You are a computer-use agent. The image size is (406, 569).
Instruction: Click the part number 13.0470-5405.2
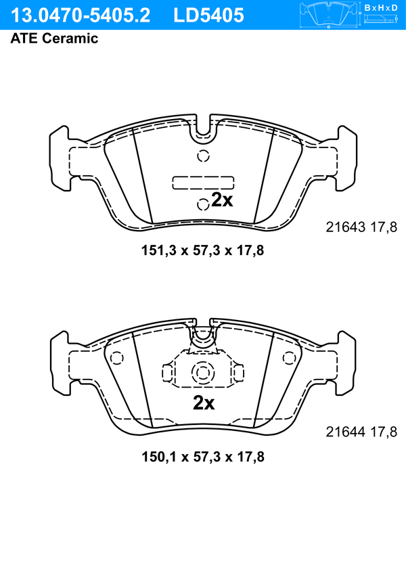click(80, 16)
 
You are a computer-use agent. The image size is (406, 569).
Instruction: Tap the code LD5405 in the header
click(208, 16)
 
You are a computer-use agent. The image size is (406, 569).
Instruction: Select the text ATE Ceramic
click(54, 38)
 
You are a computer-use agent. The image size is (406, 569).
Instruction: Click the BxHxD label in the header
click(381, 7)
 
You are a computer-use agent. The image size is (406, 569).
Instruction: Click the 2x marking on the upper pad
click(222, 200)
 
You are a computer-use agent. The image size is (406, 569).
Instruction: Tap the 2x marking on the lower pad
click(204, 403)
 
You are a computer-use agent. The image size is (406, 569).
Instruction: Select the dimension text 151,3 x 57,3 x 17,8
click(202, 250)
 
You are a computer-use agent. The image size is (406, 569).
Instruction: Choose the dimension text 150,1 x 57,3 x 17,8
click(203, 457)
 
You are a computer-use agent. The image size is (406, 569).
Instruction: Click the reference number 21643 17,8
click(361, 227)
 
